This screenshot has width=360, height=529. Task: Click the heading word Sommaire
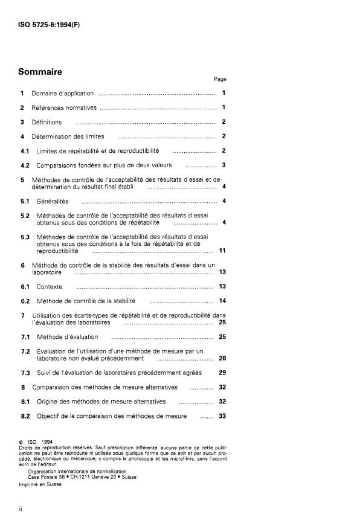click(x=40, y=71)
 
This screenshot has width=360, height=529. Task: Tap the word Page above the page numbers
click(x=220, y=79)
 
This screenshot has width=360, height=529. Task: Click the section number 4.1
click(x=23, y=150)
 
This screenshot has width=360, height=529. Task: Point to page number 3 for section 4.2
click(x=223, y=165)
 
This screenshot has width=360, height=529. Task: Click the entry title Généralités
click(x=53, y=201)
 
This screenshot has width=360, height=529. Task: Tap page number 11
click(x=222, y=251)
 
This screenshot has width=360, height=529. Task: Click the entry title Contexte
click(x=50, y=286)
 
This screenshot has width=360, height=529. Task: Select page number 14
click(x=222, y=301)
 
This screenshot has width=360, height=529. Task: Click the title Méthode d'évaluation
click(x=67, y=336)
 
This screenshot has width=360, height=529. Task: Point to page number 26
click(x=222, y=358)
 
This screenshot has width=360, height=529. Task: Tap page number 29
click(x=222, y=373)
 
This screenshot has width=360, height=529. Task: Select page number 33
click(x=222, y=416)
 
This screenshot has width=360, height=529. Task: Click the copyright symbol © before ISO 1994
click(x=22, y=441)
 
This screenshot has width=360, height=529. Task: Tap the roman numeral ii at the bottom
click(x=21, y=510)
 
